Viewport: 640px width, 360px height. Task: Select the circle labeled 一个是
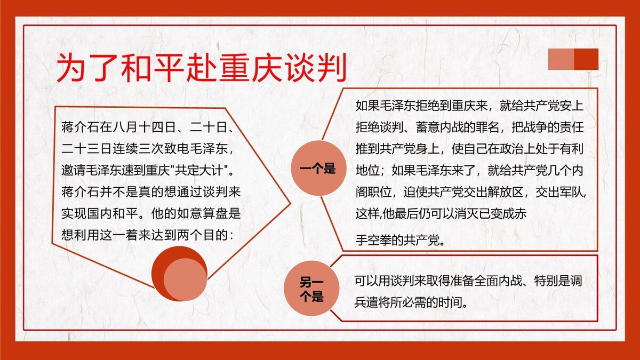(x=318, y=170)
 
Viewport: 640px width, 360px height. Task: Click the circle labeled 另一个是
(x=311, y=290)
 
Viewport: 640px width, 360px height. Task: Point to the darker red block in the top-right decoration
(x=586, y=59)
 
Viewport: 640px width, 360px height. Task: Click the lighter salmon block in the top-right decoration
(x=561, y=59)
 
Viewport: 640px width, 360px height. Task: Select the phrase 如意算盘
(x=197, y=214)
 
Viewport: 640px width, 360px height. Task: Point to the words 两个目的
(x=203, y=235)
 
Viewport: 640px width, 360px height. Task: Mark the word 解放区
(x=499, y=192)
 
